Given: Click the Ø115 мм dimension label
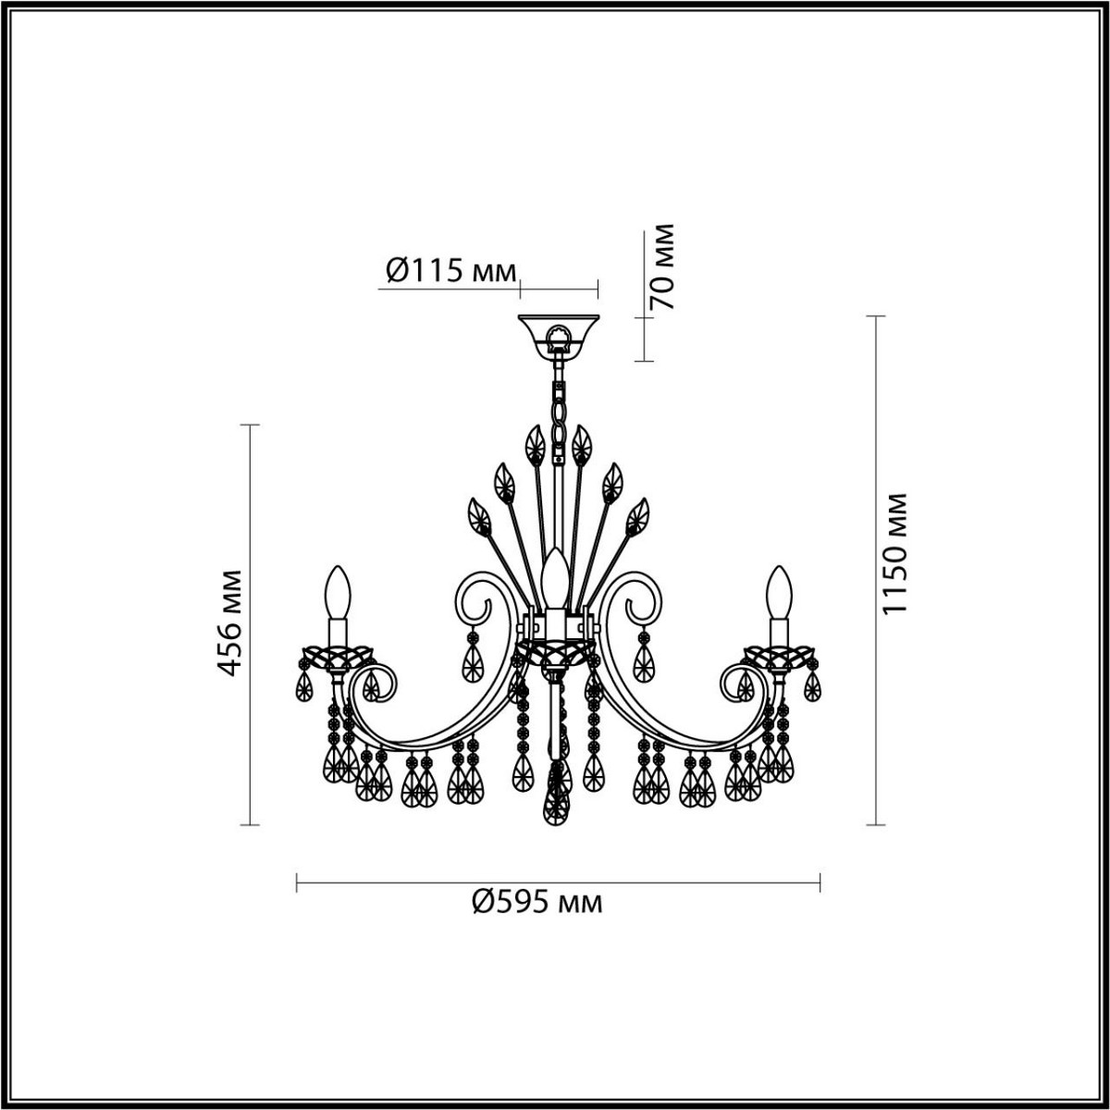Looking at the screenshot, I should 449,270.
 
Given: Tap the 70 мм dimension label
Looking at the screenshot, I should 662,267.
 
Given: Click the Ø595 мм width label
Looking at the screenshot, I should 536,900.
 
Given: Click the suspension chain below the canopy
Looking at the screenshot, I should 558,412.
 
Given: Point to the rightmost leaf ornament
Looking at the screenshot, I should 636,517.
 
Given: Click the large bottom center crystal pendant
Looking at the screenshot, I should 557,795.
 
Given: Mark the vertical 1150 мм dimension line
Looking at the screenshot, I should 875,569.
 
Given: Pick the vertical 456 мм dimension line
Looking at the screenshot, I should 249,624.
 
